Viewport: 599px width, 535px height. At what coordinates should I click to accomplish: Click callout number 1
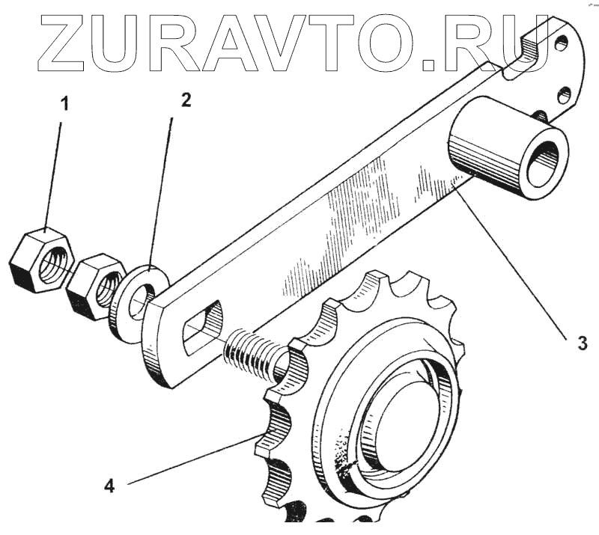click(64, 103)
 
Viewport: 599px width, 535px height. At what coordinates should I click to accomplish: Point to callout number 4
click(109, 486)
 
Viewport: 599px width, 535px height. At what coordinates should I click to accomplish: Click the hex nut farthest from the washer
click(42, 261)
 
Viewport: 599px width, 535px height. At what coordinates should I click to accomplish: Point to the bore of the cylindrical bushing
click(542, 162)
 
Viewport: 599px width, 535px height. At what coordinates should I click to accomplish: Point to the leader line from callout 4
click(187, 459)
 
